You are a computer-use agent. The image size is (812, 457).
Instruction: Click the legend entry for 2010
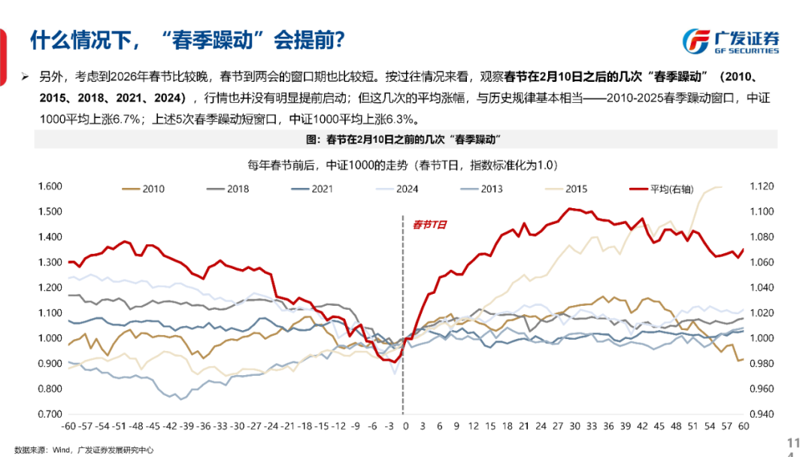pos(145,189)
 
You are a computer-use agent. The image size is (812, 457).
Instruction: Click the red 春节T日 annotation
pos(429,224)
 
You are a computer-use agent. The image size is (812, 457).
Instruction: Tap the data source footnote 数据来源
pos(83,449)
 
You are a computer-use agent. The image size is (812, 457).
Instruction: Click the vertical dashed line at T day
pos(404,316)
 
